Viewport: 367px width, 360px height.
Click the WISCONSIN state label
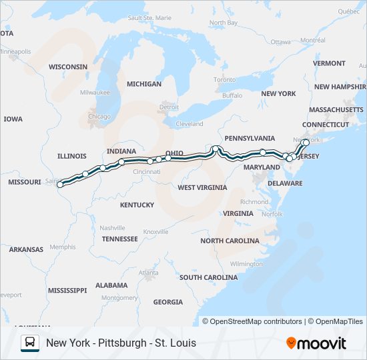pos(68,67)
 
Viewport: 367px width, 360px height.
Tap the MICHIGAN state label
pos(144,84)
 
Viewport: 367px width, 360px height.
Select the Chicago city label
pos(99,117)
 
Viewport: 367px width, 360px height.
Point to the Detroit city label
pos(169,107)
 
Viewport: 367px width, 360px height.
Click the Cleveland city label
pos(190,124)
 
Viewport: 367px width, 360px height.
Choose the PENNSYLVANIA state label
pos(250,138)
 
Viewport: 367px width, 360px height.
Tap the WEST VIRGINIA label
pos(202,187)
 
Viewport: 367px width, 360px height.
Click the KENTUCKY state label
pos(137,205)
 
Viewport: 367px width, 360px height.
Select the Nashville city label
pos(112,227)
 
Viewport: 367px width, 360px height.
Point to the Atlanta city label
pos(149,273)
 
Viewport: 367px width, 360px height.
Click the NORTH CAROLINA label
pos(230,241)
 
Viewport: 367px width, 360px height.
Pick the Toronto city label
pos(225,80)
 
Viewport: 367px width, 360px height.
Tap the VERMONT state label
pos(329,63)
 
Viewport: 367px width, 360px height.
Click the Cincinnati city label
pos(146,172)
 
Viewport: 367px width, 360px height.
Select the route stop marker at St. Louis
pos(61,185)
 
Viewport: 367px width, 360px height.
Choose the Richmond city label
pos(254,201)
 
